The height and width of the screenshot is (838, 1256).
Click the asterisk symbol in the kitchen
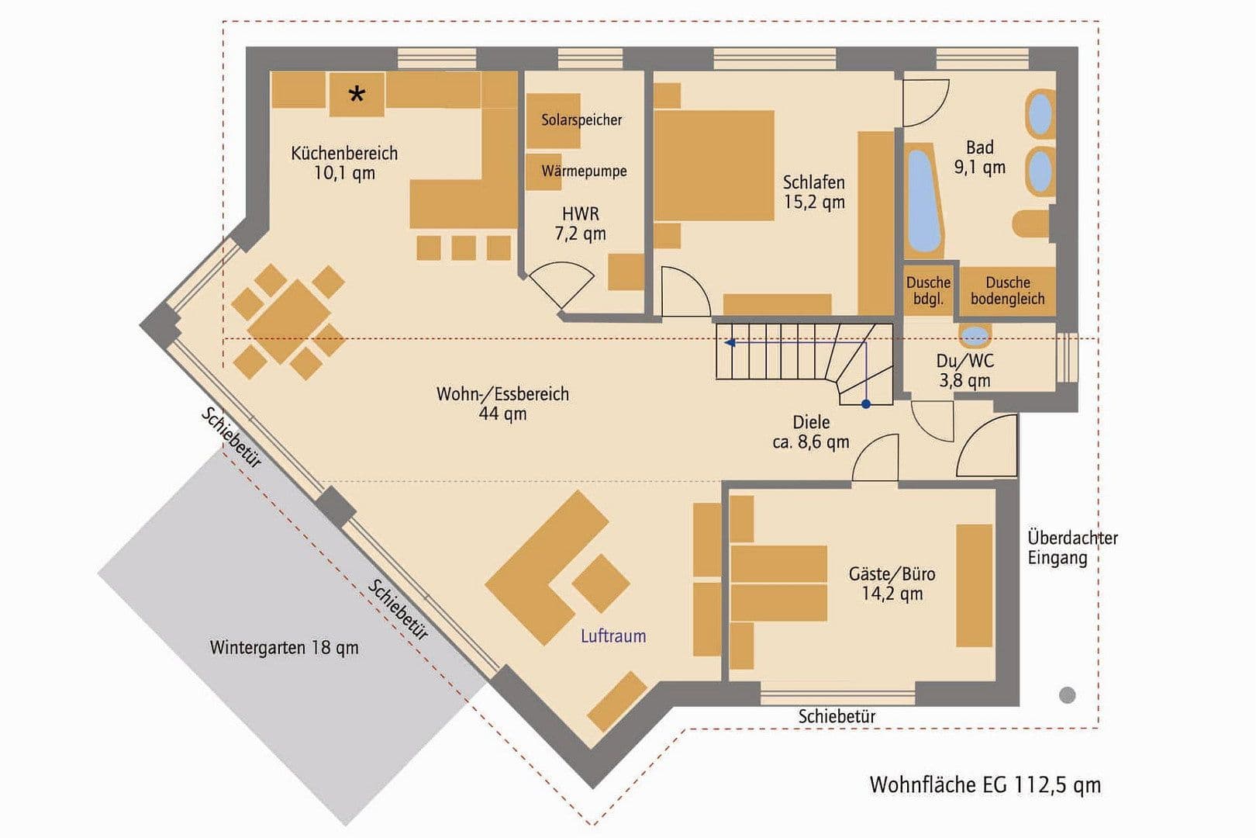(357, 95)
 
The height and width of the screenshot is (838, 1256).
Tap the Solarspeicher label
(581, 120)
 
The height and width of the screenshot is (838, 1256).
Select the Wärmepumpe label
(584, 171)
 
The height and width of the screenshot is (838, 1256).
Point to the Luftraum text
(613, 636)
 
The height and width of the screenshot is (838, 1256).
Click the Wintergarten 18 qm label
(284, 647)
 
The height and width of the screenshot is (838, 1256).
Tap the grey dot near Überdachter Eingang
(1068, 695)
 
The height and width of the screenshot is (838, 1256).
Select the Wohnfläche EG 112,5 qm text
(985, 784)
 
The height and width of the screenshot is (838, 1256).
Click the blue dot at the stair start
(866, 404)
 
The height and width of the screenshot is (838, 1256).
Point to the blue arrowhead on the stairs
(729, 341)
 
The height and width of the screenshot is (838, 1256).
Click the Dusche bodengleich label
(1007, 291)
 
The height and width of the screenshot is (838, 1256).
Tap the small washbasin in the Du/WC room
(975, 336)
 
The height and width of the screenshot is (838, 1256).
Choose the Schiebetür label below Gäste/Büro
(837, 716)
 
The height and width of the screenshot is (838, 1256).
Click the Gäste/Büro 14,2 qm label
(892, 583)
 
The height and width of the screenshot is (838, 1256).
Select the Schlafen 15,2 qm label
(813, 192)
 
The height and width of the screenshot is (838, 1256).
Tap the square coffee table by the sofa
(600, 583)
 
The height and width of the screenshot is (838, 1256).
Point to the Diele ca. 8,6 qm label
(811, 432)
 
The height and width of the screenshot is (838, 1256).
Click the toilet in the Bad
(1030, 223)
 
